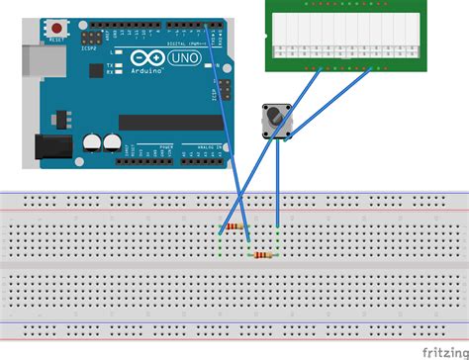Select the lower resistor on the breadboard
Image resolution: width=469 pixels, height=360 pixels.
pyautogui.click(x=263, y=254)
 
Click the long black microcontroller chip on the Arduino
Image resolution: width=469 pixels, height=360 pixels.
pyautogui.click(x=168, y=123)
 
